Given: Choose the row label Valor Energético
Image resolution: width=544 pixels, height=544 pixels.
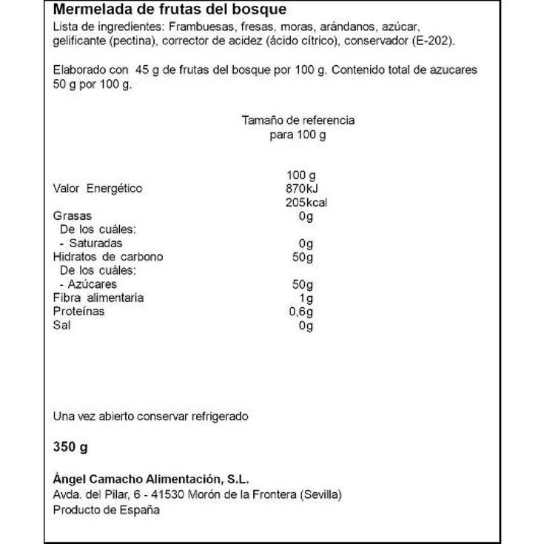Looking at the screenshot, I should [97, 189].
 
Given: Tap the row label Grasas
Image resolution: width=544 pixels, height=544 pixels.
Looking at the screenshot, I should [72, 216].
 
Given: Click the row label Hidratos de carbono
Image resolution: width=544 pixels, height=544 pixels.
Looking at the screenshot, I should [108, 257].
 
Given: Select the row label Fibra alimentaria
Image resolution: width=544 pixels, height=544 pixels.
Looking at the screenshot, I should [98, 298].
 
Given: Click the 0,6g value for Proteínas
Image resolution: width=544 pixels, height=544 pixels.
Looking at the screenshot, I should [302, 312].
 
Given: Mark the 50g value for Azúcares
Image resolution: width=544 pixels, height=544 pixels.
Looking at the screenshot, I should [303, 284].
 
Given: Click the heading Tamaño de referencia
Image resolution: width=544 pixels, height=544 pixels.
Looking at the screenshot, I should [298, 120].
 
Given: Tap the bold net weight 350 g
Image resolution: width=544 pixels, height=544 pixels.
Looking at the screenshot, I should [71, 448].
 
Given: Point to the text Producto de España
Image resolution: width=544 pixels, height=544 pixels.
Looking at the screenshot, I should [106, 510].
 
